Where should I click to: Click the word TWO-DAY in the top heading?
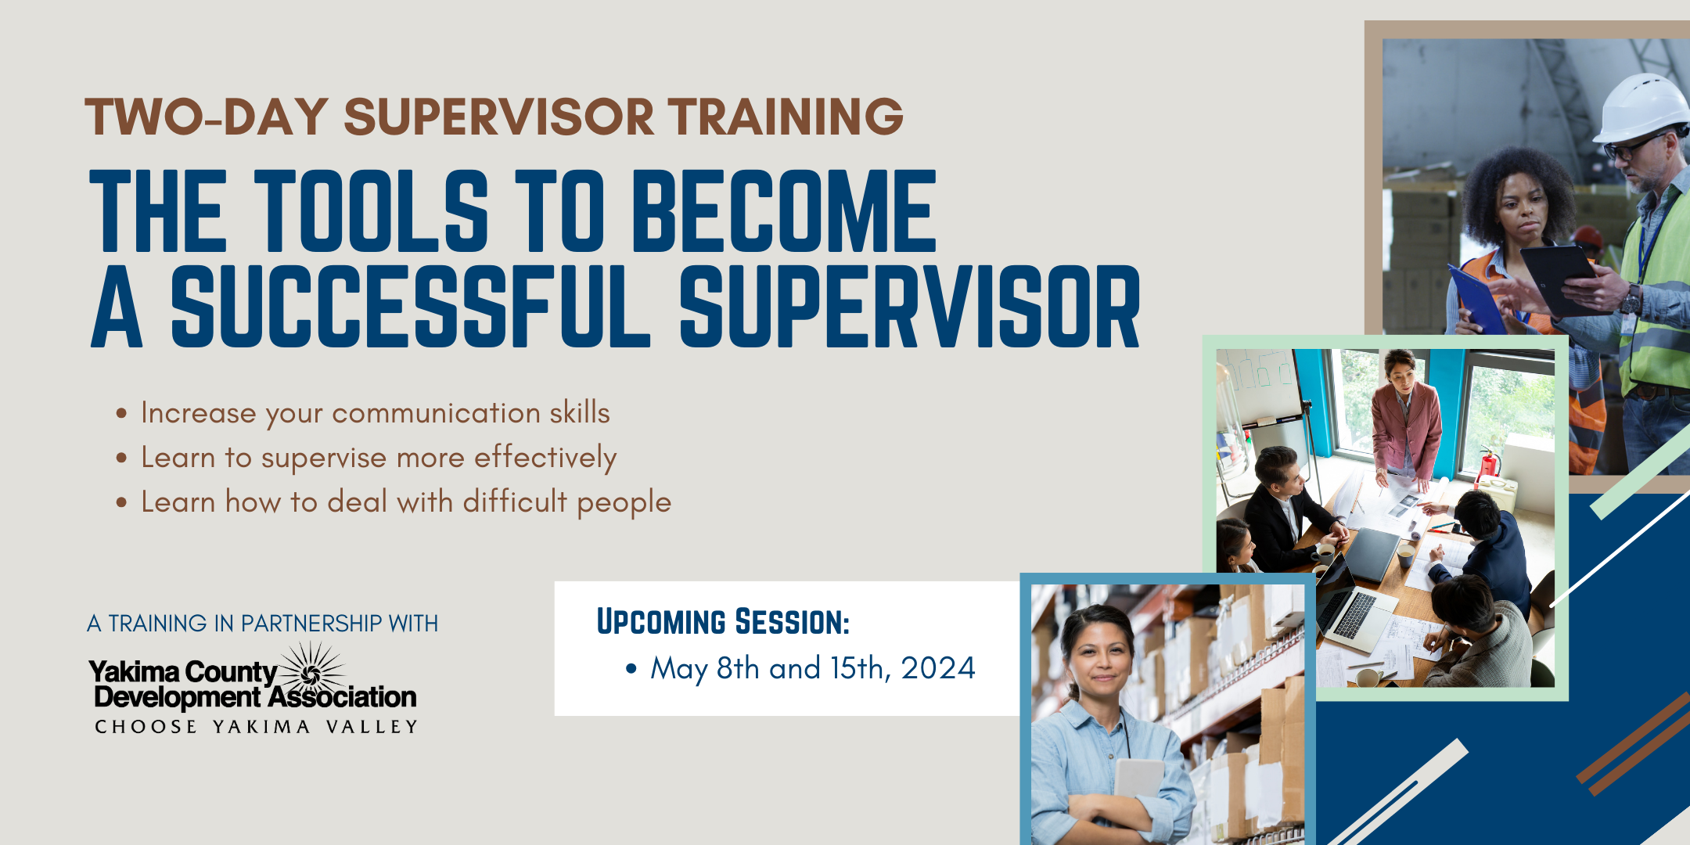click(207, 117)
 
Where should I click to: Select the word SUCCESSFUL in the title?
click(411, 306)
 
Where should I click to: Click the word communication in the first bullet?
click(436, 412)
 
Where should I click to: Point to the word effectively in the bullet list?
click(545, 458)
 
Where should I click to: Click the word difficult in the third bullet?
click(515, 502)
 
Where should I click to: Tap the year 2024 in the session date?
click(938, 668)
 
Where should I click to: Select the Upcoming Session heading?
click(723, 622)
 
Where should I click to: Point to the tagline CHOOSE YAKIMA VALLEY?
click(257, 727)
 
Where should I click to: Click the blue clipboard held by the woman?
click(1476, 298)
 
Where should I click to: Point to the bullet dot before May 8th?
click(631, 669)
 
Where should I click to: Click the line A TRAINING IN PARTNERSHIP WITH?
click(263, 624)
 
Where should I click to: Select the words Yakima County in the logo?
click(183, 672)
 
